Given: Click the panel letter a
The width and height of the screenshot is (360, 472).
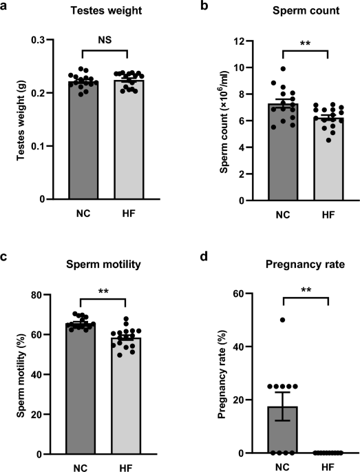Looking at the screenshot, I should coord(6,8).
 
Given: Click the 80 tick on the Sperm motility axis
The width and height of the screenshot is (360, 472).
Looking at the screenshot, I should coord(56,295).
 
